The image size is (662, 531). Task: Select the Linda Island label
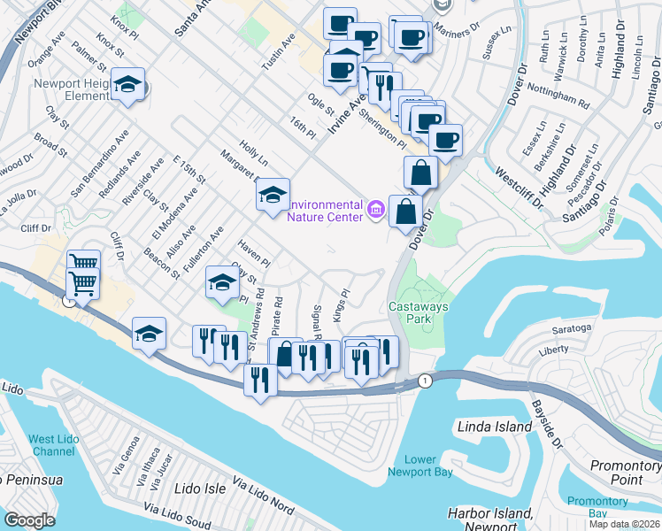coord(495,427)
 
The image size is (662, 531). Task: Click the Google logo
coord(29,520)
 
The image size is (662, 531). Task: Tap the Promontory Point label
coord(627,473)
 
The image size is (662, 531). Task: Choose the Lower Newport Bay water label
coord(427,466)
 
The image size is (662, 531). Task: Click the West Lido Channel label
coord(52,445)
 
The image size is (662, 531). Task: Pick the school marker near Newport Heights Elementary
coord(129,85)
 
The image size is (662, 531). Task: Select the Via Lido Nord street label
coord(262,496)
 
